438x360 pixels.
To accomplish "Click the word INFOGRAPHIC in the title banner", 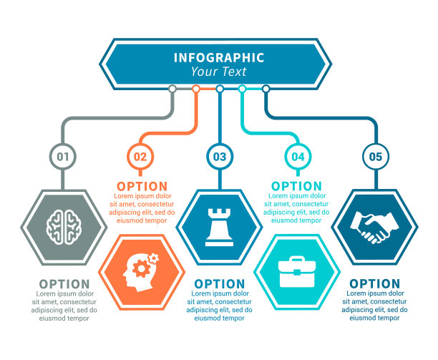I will click(218, 58).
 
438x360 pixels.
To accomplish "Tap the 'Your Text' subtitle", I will click(218, 72).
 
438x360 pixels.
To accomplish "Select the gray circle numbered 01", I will click(63, 156).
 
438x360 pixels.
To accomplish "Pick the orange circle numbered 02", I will click(140, 156).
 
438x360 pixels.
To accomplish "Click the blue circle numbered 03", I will click(219, 156).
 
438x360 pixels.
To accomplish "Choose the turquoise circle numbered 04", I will click(297, 156).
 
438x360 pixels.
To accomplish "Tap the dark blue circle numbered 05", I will click(375, 156).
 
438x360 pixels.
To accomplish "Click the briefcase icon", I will click(296, 271).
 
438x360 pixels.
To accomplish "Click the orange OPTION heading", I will click(141, 186).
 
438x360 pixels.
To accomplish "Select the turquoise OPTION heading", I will click(296, 186).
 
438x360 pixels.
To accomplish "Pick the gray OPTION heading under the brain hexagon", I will click(64, 284).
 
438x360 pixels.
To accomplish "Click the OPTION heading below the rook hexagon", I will click(219, 284).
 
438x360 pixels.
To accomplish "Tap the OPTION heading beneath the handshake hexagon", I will click(375, 284).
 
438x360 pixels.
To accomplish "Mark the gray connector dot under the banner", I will click(172, 89).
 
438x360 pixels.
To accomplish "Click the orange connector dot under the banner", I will click(196, 89).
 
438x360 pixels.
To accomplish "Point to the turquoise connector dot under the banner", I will click(243, 89).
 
